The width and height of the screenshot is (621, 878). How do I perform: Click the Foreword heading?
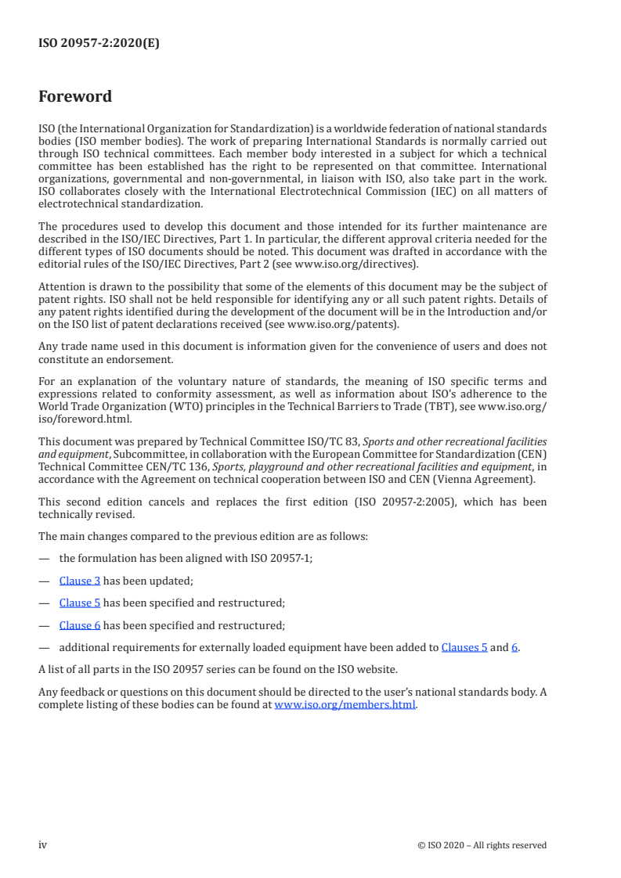pyautogui.click(x=75, y=97)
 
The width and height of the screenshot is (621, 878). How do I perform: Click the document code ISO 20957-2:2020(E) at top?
pyautogui.click(x=99, y=44)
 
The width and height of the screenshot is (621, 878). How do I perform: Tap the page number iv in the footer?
pyautogui.click(x=43, y=845)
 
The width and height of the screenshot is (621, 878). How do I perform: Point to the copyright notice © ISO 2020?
pyautogui.click(x=482, y=845)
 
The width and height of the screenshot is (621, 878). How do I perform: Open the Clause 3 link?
pyautogui.click(x=80, y=581)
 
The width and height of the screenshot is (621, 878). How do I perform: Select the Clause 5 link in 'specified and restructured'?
pyautogui.click(x=80, y=603)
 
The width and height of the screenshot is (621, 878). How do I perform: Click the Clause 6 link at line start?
pyautogui.click(x=80, y=625)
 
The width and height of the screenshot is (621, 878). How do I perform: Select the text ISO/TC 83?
pyautogui.click(x=330, y=442)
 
